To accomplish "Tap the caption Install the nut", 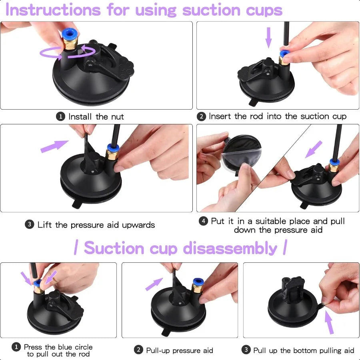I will tap(96, 117).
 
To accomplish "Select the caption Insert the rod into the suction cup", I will tap(277, 116).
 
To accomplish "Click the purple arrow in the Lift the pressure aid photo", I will tap(54, 146).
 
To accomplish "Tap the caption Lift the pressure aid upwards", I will tap(96, 225).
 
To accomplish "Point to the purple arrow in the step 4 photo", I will tap(314, 149).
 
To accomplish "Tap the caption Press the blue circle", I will tap(58, 347).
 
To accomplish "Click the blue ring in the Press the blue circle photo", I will tap(37, 283).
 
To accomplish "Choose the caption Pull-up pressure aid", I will tap(179, 350).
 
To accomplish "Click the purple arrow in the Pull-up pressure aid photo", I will tap(154, 284).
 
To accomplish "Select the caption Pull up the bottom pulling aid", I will tap(304, 350).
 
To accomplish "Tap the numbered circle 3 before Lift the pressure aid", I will tap(30, 225).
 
